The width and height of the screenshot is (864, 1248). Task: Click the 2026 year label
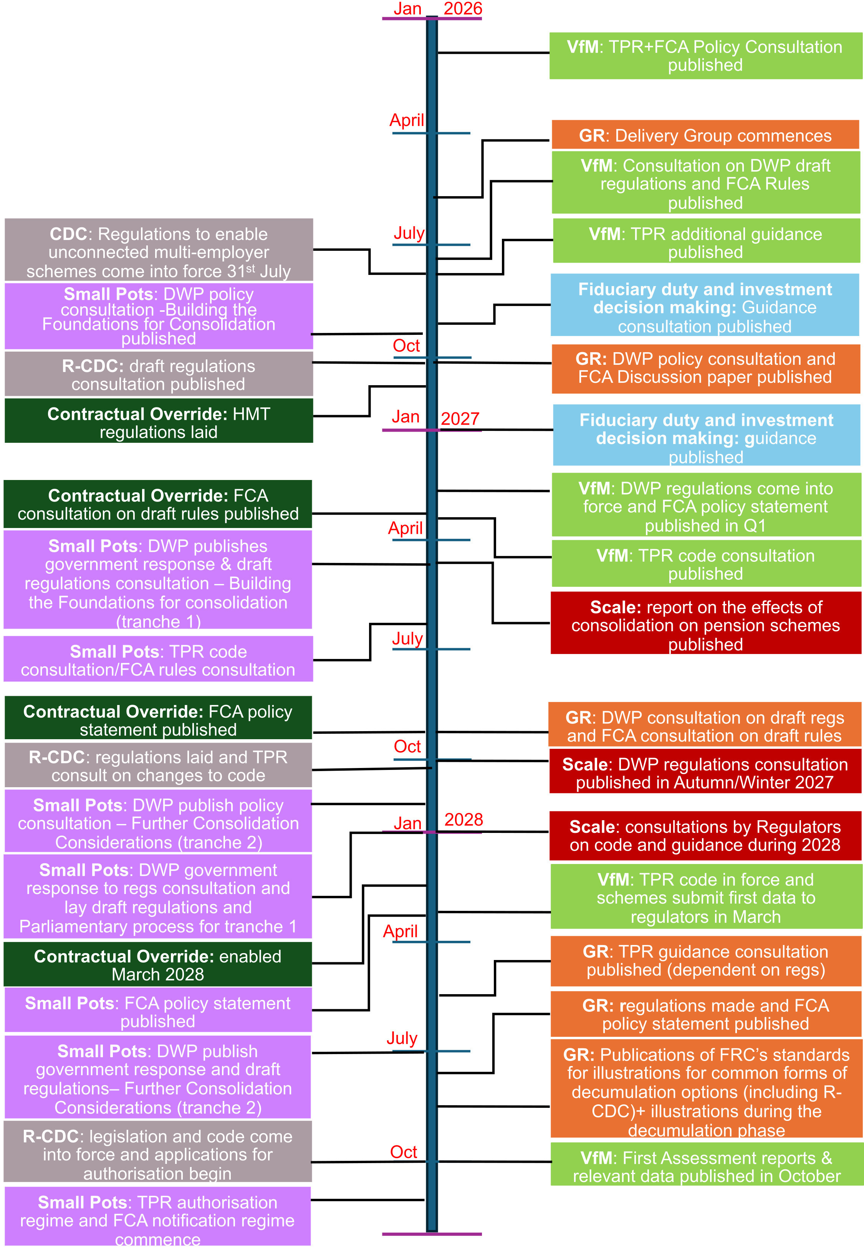coord(462,9)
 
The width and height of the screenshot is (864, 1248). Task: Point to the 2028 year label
coord(463,819)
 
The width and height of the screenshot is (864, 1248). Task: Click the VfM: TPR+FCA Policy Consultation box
coord(705,56)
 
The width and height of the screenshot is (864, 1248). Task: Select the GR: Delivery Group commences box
coord(705,135)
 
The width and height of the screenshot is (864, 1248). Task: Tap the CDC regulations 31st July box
coord(159,250)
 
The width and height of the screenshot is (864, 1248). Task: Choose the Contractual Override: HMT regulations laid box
coord(159,420)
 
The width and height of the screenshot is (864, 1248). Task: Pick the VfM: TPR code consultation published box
coord(706,563)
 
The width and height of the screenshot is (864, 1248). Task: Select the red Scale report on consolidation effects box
coord(705,623)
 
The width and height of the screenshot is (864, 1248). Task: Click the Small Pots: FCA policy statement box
coord(158,1010)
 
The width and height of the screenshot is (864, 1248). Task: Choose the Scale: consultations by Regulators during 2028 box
coord(705,836)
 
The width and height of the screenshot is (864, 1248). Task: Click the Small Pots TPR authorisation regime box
coord(157,1216)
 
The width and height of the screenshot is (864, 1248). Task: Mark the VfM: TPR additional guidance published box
coord(706,241)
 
